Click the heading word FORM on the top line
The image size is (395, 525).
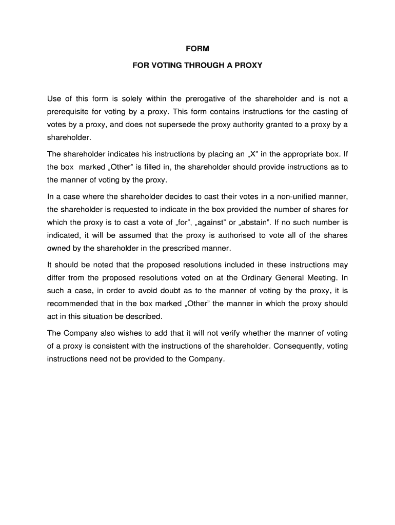click(x=197, y=49)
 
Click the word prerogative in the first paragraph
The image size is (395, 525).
click(x=201, y=99)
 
